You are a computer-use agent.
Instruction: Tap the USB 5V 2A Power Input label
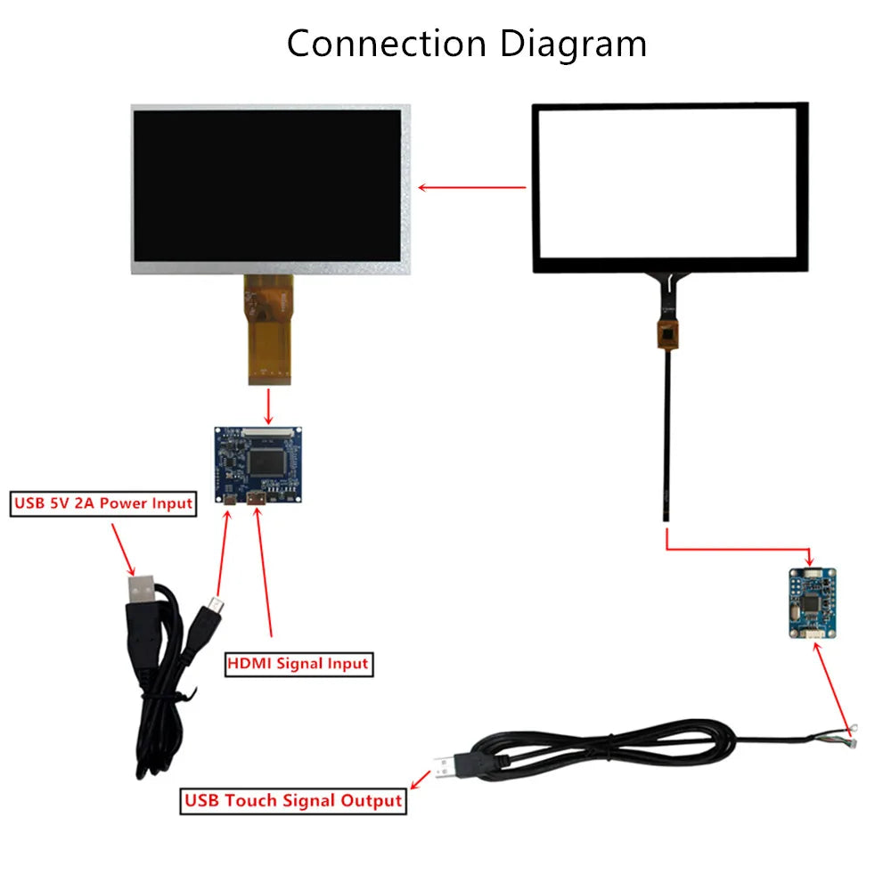click(102, 503)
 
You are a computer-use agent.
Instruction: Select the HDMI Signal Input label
click(298, 664)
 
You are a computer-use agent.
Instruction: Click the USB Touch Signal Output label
click(293, 800)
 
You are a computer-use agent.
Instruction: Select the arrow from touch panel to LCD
click(472, 188)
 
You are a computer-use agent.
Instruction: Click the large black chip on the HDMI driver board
click(268, 462)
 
